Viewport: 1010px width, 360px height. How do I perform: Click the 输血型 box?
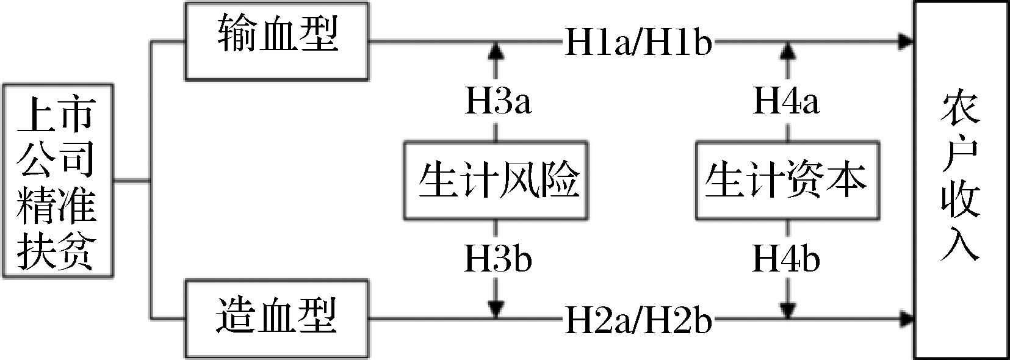[x=276, y=41]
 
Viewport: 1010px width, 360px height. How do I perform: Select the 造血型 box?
[x=276, y=318]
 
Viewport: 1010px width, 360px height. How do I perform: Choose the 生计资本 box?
[x=788, y=181]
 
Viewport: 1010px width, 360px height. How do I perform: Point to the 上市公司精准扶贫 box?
[x=57, y=181]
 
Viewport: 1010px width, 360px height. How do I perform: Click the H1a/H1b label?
[x=638, y=43]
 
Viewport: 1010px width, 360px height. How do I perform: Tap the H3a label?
[x=497, y=101]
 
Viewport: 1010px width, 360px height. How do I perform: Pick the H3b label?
[x=497, y=259]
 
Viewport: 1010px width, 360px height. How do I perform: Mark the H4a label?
[x=787, y=101]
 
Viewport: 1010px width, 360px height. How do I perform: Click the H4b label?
[x=787, y=259]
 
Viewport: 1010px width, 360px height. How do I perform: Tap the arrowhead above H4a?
[x=788, y=49]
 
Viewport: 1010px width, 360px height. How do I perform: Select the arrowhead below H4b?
[x=788, y=311]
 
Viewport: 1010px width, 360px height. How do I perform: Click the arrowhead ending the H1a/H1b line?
[x=907, y=42]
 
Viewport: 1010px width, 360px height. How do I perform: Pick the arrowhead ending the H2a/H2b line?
[x=907, y=319]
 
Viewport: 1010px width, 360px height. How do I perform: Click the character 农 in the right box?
[x=960, y=110]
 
